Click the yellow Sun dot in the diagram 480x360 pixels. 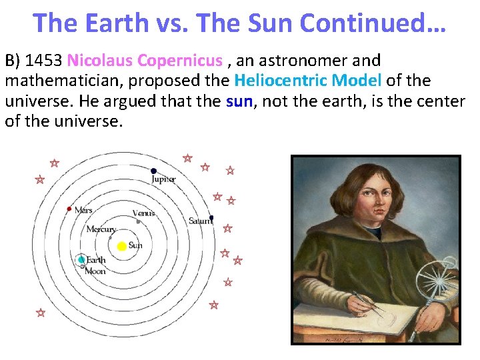tap(121, 247)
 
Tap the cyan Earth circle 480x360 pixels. tap(81, 259)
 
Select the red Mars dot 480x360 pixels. tap(69, 209)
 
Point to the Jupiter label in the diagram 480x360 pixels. tap(163, 179)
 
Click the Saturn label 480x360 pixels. tap(199, 221)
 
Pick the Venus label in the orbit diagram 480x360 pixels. tap(143, 213)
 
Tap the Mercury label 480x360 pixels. tap(101, 229)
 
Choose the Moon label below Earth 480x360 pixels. tap(95, 271)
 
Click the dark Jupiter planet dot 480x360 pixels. tap(154, 171)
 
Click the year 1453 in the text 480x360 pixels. tap(45, 61)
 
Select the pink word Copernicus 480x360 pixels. tap(179, 61)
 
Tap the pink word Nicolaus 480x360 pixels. tap(100, 61)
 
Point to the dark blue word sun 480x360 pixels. tap(239, 101)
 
